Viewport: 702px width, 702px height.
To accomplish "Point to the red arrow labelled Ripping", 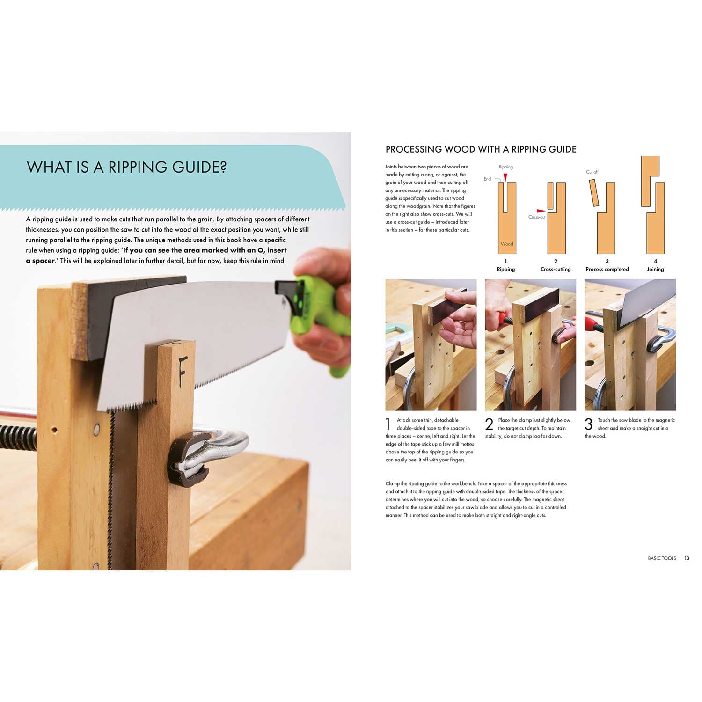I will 505,177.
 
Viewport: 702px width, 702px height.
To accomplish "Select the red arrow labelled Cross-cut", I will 541,211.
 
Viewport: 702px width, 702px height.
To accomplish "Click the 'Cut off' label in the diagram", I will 592,172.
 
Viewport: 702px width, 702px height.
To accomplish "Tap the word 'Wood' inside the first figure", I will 507,244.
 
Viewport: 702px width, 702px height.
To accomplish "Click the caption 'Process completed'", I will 607,269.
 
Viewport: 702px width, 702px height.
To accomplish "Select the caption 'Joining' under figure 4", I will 655,269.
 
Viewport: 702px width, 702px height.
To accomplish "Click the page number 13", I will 687,558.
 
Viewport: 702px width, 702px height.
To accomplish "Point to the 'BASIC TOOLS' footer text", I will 662,558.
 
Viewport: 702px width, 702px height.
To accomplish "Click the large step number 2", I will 489,424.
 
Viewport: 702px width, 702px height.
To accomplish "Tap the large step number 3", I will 588,424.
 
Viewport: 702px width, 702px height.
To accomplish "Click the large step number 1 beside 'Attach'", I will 388,424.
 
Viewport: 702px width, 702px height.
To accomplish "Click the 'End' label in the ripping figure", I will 487,179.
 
